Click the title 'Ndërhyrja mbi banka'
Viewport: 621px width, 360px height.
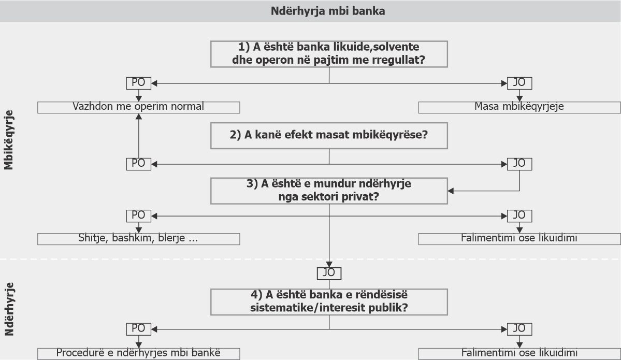328,11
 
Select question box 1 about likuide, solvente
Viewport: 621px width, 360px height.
329,54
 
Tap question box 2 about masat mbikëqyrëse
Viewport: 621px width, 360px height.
329,135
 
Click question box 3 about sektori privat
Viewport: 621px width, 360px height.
329,191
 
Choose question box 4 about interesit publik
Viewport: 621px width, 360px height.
329,302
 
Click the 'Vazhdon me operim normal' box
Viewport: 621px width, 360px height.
139,107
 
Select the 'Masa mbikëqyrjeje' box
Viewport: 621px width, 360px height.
519,107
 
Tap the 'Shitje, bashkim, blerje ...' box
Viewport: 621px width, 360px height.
139,239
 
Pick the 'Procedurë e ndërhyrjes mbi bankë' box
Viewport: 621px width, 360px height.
139,354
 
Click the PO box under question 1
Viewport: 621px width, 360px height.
139,83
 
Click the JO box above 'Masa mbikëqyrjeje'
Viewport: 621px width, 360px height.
519,83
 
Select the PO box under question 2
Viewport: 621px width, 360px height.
139,164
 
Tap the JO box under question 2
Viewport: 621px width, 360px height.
519,164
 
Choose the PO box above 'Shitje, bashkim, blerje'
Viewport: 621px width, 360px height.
139,216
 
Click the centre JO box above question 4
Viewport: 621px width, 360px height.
329,273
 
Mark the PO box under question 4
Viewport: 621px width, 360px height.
139,329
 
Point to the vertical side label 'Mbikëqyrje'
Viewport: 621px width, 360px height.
9,140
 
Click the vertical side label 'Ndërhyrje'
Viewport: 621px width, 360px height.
9,309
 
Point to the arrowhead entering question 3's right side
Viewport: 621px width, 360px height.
451,191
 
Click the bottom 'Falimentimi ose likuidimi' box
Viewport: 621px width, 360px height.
519,354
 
